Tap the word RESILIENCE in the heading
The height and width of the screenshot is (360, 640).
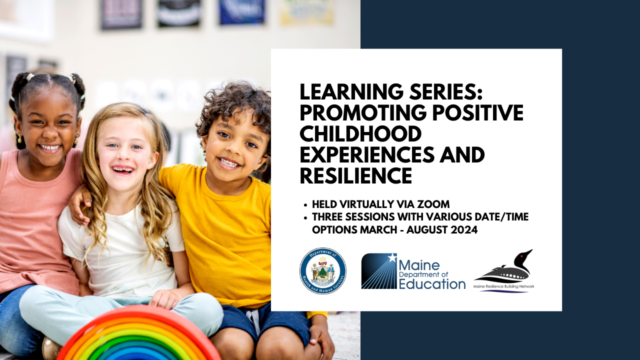[x=356, y=175]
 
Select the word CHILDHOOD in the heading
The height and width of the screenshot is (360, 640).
[x=360, y=134]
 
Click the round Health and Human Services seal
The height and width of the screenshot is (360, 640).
[x=323, y=271]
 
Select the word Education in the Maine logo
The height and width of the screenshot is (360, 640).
[x=432, y=284]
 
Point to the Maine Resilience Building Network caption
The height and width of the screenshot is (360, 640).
[x=504, y=286]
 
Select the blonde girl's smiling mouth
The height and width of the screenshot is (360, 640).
[x=122, y=169]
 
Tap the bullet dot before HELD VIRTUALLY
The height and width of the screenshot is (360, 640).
[x=305, y=204]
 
